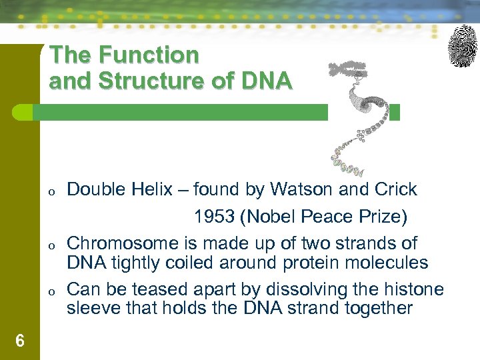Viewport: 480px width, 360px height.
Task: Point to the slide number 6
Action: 20,341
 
